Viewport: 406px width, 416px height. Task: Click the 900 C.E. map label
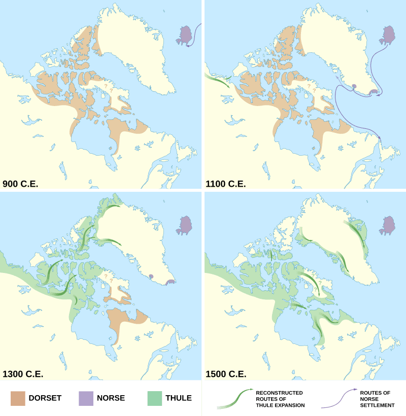pyautogui.click(x=20, y=184)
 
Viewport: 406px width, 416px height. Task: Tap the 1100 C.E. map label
pyautogui.click(x=225, y=184)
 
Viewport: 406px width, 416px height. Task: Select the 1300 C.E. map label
pyautogui.click(x=22, y=374)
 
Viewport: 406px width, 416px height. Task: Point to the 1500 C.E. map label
pyautogui.click(x=226, y=374)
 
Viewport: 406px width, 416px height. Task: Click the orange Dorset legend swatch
pyautogui.click(x=18, y=398)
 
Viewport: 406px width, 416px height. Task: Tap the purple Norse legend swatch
pyautogui.click(x=86, y=398)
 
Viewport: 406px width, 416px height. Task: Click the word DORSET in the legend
pyautogui.click(x=46, y=398)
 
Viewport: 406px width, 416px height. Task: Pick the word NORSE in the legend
pyautogui.click(x=111, y=398)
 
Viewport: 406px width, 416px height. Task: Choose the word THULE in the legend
pyautogui.click(x=179, y=398)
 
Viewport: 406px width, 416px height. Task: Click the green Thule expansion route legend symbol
pyautogui.click(x=235, y=399)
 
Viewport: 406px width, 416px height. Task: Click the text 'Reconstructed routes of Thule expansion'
pyautogui.click(x=280, y=399)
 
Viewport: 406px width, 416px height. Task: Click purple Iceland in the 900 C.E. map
pyautogui.click(x=185, y=36)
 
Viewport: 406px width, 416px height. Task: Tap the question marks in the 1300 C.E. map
pyautogui.click(x=108, y=278)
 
